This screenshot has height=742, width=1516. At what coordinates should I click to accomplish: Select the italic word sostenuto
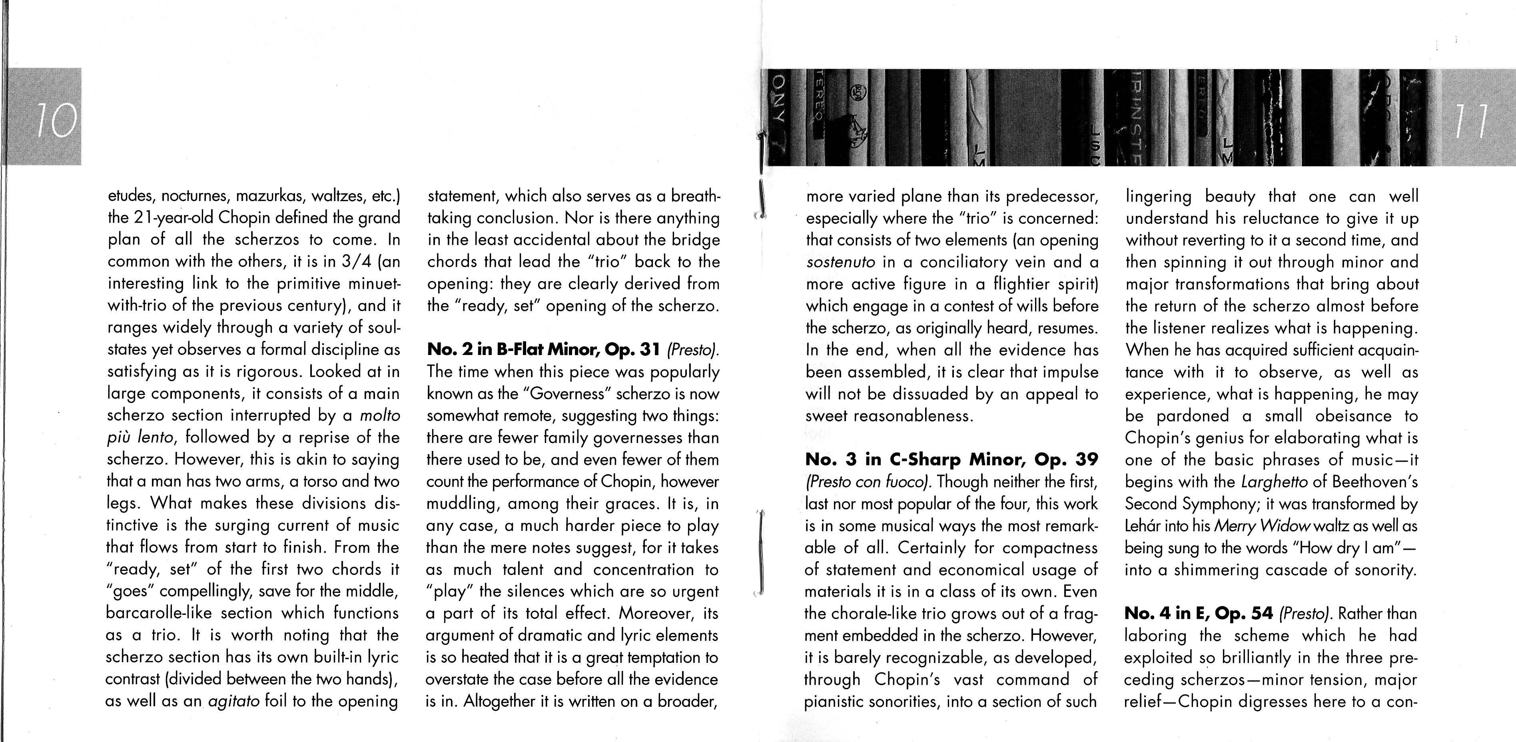(x=840, y=262)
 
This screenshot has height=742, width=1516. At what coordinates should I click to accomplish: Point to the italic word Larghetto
(x=1275, y=482)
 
